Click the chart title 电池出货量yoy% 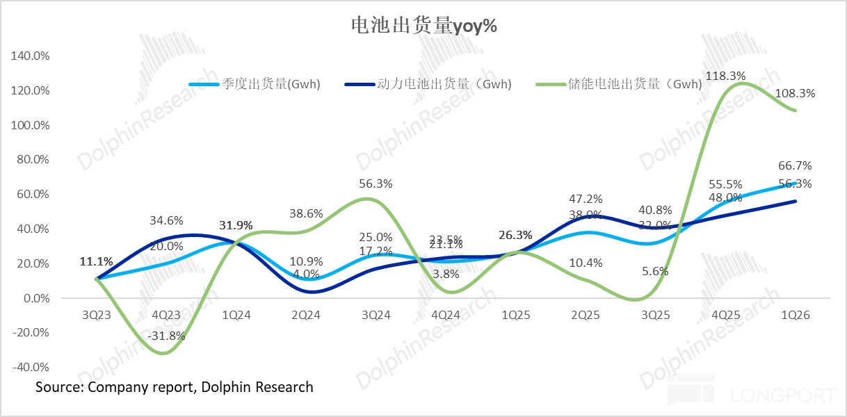tap(423, 27)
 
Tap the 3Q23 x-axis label tap(95, 315)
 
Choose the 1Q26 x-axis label tap(796, 315)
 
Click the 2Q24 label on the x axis tap(305, 315)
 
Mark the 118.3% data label tap(726, 76)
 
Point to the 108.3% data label tap(796, 93)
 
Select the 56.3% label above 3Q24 tap(376, 183)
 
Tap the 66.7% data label tap(796, 166)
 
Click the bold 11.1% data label tap(96, 262)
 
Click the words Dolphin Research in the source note tap(257, 386)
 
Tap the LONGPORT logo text tap(782, 395)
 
